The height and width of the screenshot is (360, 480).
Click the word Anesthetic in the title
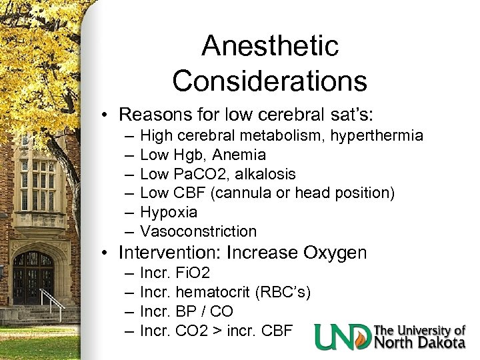tap(269, 47)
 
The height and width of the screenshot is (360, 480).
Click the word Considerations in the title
tap(269, 81)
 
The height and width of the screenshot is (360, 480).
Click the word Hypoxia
tap(169, 213)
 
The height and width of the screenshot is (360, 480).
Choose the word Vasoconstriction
tap(198, 231)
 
